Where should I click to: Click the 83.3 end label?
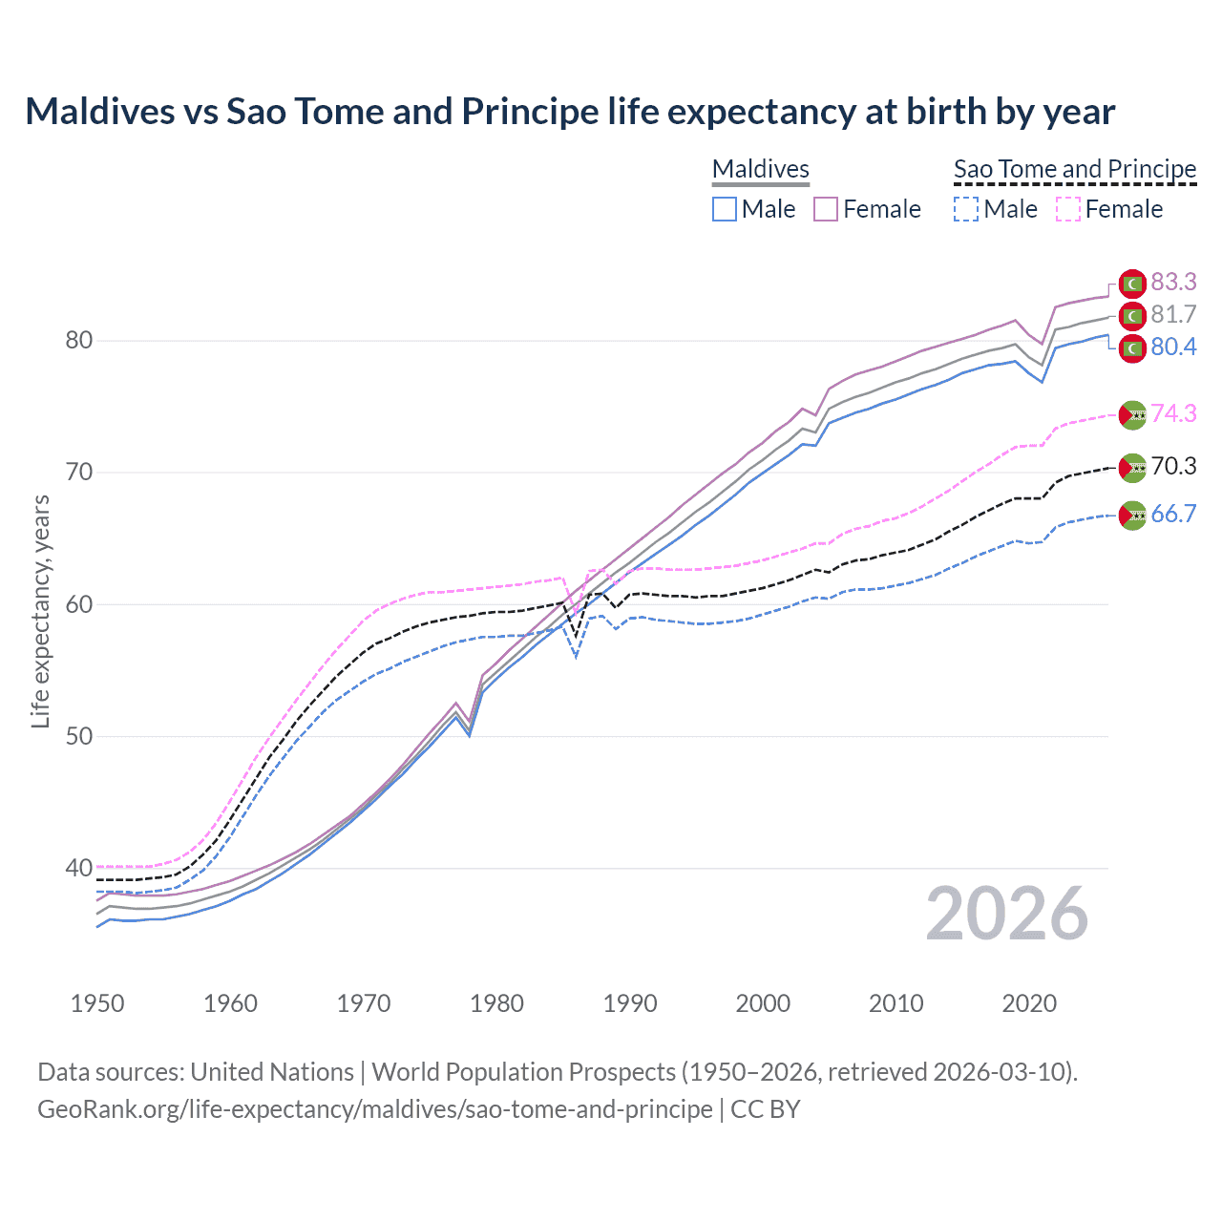pyautogui.click(x=1173, y=282)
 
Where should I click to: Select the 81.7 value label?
pyautogui.click(x=1173, y=314)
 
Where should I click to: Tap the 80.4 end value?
pyautogui.click(x=1173, y=347)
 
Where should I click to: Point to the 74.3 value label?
pyautogui.click(x=1173, y=413)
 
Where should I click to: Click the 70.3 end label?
pyautogui.click(x=1173, y=466)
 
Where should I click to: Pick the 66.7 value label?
pyautogui.click(x=1173, y=514)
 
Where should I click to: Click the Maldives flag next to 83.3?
pyautogui.click(x=1132, y=283)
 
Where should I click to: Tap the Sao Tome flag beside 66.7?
pyautogui.click(x=1132, y=516)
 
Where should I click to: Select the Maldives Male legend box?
pyautogui.click(x=725, y=209)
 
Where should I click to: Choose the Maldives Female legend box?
pyautogui.click(x=826, y=209)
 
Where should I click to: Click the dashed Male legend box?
pyautogui.click(x=966, y=209)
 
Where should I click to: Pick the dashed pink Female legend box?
pyautogui.click(x=1068, y=209)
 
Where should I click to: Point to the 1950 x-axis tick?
pyautogui.click(x=97, y=1003)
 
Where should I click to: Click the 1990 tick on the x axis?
pyautogui.click(x=630, y=1003)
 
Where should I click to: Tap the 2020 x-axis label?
pyautogui.click(x=1029, y=1003)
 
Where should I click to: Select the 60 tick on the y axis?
pyautogui.click(x=78, y=604)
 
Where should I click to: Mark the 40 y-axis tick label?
pyautogui.click(x=78, y=868)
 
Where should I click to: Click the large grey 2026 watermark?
pyautogui.click(x=1006, y=915)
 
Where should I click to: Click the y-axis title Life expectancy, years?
pyautogui.click(x=40, y=611)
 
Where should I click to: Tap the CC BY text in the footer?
pyautogui.click(x=765, y=1109)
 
